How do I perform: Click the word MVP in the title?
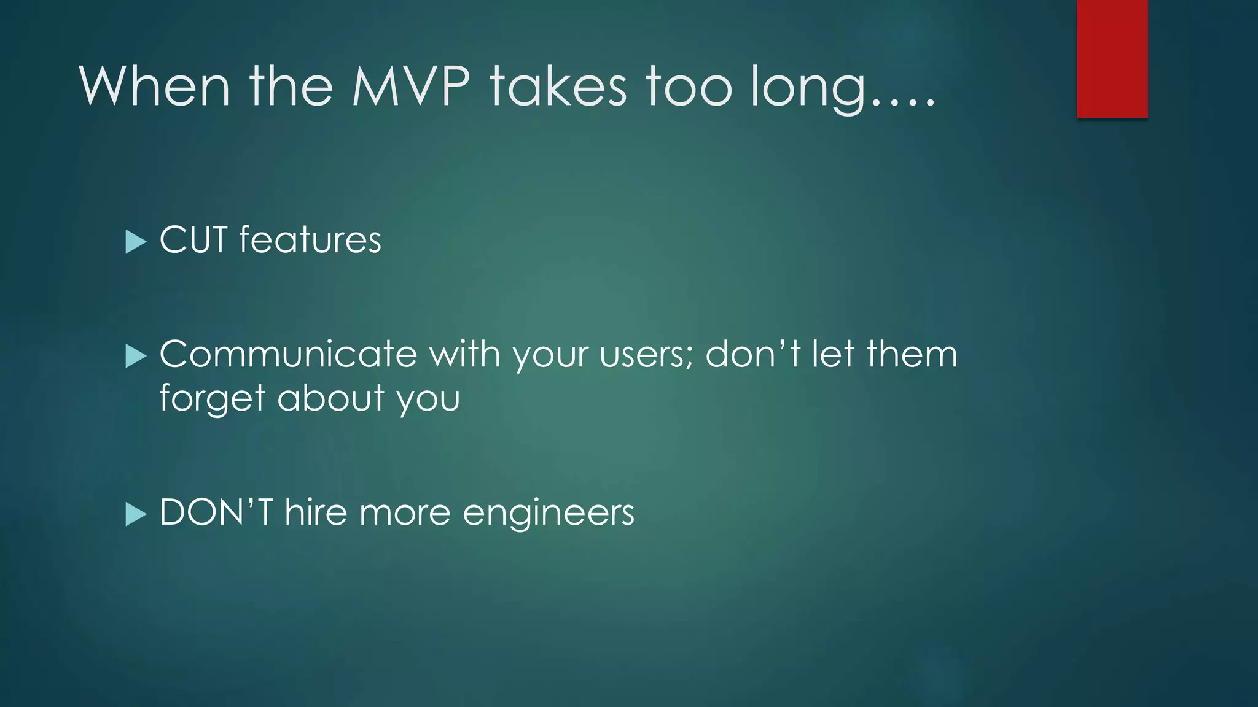point(411,87)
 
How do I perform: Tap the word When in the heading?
point(154,87)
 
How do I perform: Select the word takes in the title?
point(558,87)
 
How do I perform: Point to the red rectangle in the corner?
point(1112,58)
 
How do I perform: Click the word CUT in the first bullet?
point(193,240)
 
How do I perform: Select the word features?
point(310,240)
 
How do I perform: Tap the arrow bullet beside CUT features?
point(135,242)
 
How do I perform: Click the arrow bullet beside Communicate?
point(135,356)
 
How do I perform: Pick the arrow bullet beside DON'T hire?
point(135,514)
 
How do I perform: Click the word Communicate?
point(288,354)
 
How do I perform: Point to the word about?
point(331,398)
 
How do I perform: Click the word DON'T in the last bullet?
point(216,512)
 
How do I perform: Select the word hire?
point(316,512)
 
